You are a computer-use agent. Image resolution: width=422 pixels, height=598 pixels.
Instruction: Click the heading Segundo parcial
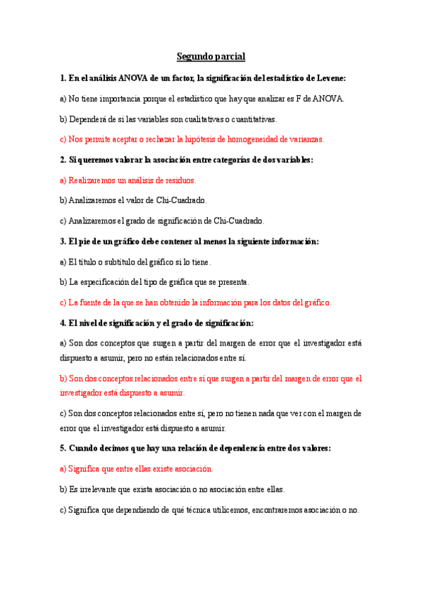click(x=211, y=56)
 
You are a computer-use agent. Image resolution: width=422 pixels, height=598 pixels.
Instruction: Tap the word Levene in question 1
click(x=328, y=79)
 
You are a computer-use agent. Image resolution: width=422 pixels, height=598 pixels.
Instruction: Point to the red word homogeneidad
click(x=250, y=140)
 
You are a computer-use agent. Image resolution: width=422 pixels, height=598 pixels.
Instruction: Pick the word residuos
click(x=179, y=181)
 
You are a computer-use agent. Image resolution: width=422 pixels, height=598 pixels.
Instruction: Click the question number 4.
click(x=63, y=323)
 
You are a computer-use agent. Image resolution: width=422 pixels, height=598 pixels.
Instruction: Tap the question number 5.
click(x=63, y=448)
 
